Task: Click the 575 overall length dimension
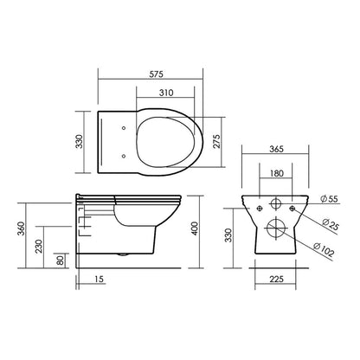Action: pos(156,74)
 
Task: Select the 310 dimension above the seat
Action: pos(166,93)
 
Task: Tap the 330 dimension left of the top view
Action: pos(79,141)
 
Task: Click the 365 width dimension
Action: pos(277,149)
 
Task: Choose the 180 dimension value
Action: pos(277,173)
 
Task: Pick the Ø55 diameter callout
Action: pos(329,199)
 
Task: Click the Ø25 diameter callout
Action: pos(330,224)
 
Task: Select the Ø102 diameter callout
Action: pos(324,250)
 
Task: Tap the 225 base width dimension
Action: pos(277,279)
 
